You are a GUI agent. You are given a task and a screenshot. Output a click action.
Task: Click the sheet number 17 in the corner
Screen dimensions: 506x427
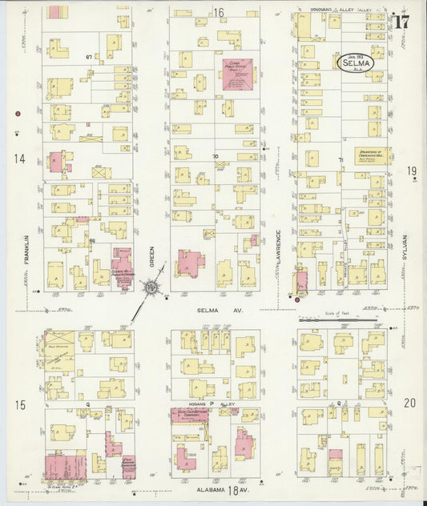coord(401,22)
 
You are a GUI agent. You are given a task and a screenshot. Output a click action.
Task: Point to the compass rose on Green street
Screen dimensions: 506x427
coord(150,287)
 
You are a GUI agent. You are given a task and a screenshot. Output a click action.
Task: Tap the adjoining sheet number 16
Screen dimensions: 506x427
coord(218,12)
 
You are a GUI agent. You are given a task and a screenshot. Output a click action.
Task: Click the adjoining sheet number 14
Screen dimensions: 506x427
coord(18,159)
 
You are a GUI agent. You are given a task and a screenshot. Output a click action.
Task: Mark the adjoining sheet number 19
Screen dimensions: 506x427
coord(411,171)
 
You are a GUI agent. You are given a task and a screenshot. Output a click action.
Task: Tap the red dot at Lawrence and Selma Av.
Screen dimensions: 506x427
coord(296,299)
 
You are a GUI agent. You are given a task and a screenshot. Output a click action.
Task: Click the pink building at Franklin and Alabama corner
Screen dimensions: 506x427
coord(64,465)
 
